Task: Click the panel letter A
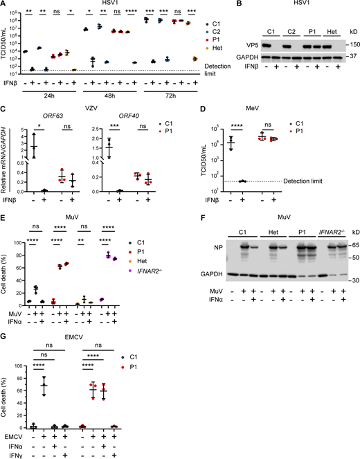[5, 5]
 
